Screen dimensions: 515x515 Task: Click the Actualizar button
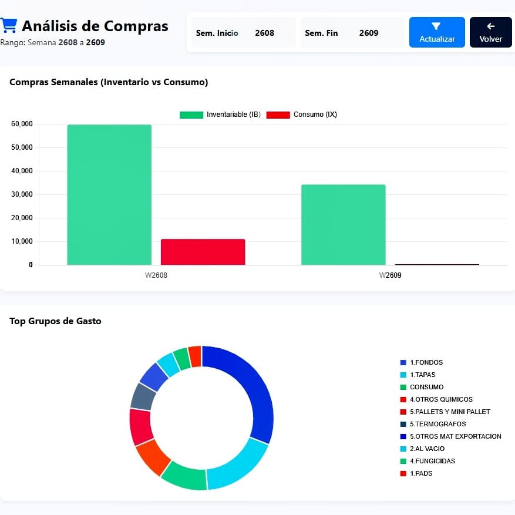[437, 32]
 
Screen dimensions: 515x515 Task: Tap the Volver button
[491, 32]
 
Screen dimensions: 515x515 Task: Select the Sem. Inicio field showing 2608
[243, 33]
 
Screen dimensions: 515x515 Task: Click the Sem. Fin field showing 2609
[352, 33]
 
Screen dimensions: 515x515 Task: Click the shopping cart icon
[9, 26]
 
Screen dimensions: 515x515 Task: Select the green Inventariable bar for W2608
[109, 195]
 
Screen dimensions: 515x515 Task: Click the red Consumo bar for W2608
[203, 252]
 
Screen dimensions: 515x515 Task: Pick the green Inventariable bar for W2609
[344, 225]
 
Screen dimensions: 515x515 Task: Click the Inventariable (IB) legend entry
[220, 115]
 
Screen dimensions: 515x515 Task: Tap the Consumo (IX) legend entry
[301, 115]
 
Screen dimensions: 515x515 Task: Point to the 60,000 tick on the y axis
[22, 124]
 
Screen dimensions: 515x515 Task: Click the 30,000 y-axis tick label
[22, 194]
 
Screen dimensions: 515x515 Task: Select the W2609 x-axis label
[390, 275]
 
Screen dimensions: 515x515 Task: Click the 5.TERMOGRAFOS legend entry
[433, 424]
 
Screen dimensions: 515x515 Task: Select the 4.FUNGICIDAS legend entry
[428, 461]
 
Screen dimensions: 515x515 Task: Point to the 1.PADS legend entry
[416, 473]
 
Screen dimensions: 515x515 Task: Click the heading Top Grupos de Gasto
[55, 321]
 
